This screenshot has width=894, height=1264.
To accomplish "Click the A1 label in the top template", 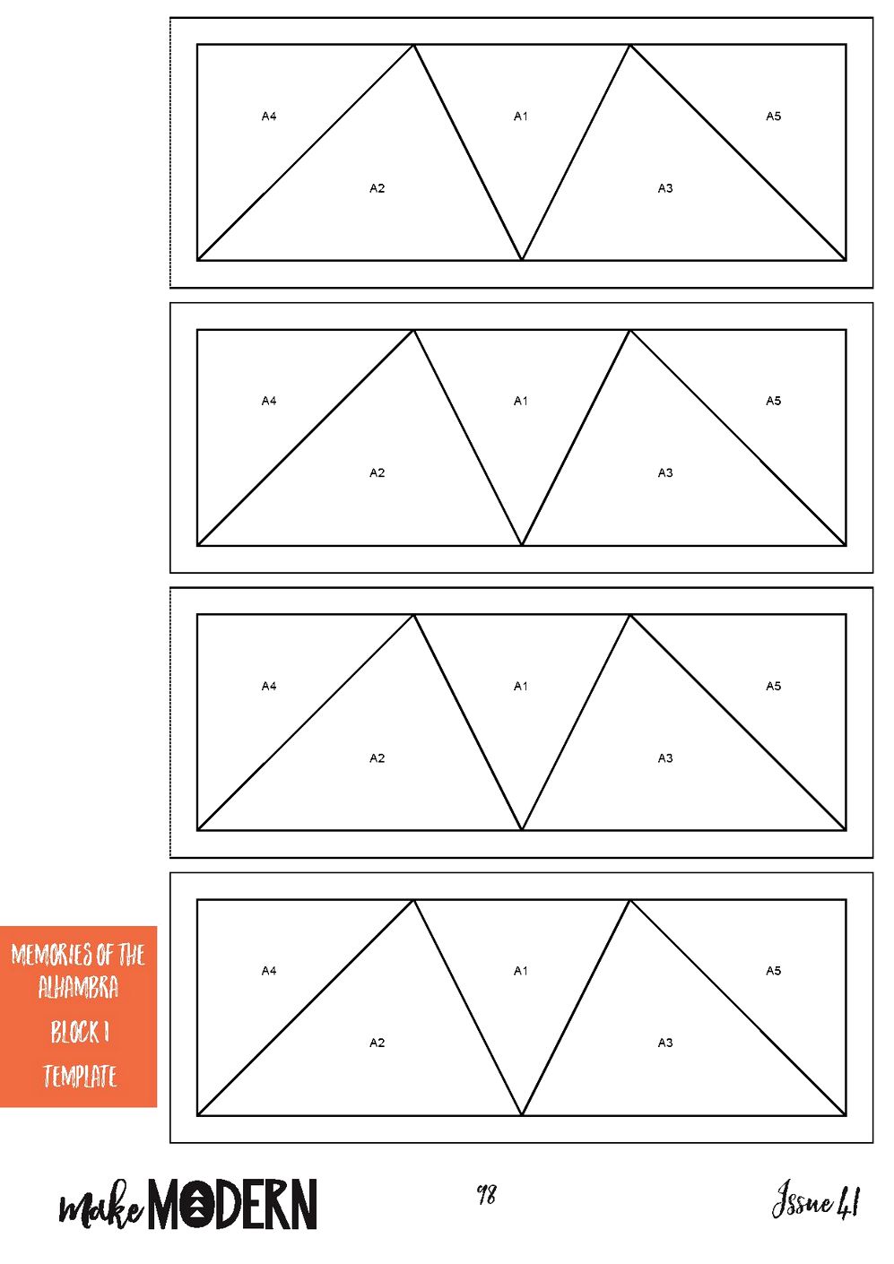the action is coord(520,117).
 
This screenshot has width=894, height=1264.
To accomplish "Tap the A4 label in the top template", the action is coord(269,117).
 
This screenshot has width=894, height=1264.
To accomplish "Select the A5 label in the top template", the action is coord(773,117).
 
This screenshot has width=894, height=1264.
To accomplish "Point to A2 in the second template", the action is coord(377,472).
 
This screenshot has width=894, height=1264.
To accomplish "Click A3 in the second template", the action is coord(665,472).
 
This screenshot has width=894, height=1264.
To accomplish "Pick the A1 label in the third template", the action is coord(520,686).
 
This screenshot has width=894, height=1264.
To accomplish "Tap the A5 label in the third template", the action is coord(773,686).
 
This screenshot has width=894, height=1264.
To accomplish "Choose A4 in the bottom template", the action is coord(269,971).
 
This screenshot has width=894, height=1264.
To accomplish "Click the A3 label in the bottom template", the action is coord(665,1043).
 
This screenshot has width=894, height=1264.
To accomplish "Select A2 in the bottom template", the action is coord(377,1043).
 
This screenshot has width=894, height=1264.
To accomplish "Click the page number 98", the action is coord(487,1193).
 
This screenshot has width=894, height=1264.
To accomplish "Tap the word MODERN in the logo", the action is coord(232,1204).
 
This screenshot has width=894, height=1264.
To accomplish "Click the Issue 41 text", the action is coord(816,1199).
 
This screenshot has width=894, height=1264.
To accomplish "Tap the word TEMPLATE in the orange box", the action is coord(80,1076).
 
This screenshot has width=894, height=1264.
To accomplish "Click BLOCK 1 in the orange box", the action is coord(80,1032).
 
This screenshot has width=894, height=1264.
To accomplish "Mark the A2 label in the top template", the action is coord(377,188).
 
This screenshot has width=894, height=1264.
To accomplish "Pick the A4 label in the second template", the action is coord(269,401).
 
